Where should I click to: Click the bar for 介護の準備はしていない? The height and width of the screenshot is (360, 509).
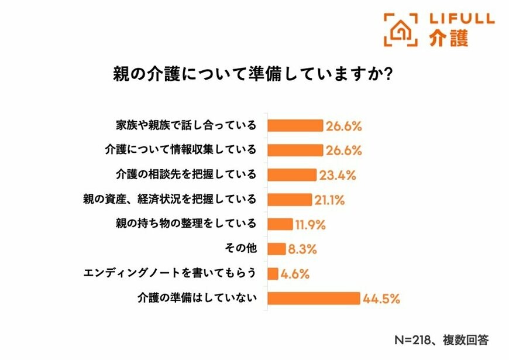[313, 298]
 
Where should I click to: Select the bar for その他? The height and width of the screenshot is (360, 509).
[276, 249]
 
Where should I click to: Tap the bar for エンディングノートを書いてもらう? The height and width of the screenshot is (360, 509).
[272, 273]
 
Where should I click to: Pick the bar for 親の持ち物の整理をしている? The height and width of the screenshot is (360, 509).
[280, 224]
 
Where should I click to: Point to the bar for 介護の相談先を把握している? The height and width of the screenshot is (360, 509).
[291, 174]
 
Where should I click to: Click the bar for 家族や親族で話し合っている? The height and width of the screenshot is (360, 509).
[295, 125]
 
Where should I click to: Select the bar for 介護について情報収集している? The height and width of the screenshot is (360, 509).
[295, 150]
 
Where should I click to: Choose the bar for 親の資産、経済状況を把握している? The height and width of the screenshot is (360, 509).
[289, 200]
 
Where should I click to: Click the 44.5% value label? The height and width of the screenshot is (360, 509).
[381, 299]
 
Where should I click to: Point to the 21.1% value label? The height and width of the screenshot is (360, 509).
[329, 200]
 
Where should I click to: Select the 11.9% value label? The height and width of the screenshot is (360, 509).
[310, 225]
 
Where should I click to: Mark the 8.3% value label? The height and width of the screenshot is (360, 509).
[302, 249]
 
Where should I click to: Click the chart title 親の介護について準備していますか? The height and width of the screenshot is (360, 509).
[252, 76]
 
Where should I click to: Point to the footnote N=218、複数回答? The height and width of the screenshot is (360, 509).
[442, 340]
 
